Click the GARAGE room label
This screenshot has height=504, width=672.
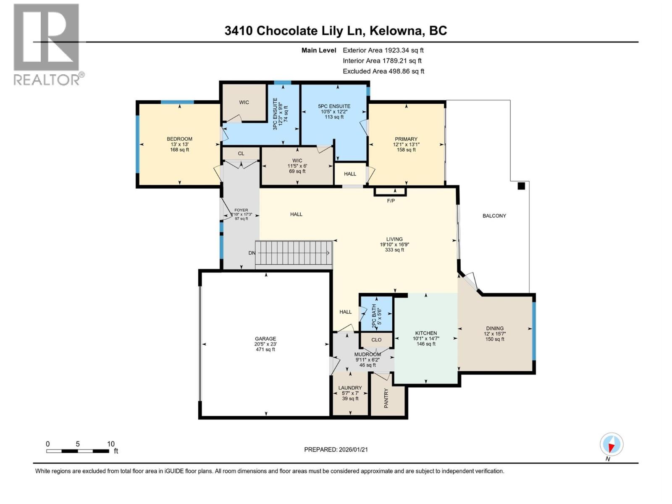(265, 339)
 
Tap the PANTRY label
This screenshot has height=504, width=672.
(386, 398)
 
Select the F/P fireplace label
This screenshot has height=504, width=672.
(391, 201)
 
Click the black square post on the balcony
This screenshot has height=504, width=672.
(521, 186)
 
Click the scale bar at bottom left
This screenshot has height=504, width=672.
(78, 451)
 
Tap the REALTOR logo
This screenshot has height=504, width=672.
(47, 44)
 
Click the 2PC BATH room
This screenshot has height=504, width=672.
(376, 313)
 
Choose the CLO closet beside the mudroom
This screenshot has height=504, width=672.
(376, 340)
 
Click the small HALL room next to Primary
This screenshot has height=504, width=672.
(350, 174)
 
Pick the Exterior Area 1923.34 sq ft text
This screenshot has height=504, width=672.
(383, 50)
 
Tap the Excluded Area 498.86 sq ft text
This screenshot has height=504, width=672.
(383, 71)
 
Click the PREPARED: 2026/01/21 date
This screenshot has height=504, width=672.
(336, 449)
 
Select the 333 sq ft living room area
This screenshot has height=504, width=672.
(394, 250)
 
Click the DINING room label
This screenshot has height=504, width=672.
(495, 328)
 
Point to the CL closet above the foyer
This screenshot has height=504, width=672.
(241, 154)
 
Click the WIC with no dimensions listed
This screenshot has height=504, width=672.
(244, 102)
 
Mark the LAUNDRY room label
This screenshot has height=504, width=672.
(350, 388)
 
